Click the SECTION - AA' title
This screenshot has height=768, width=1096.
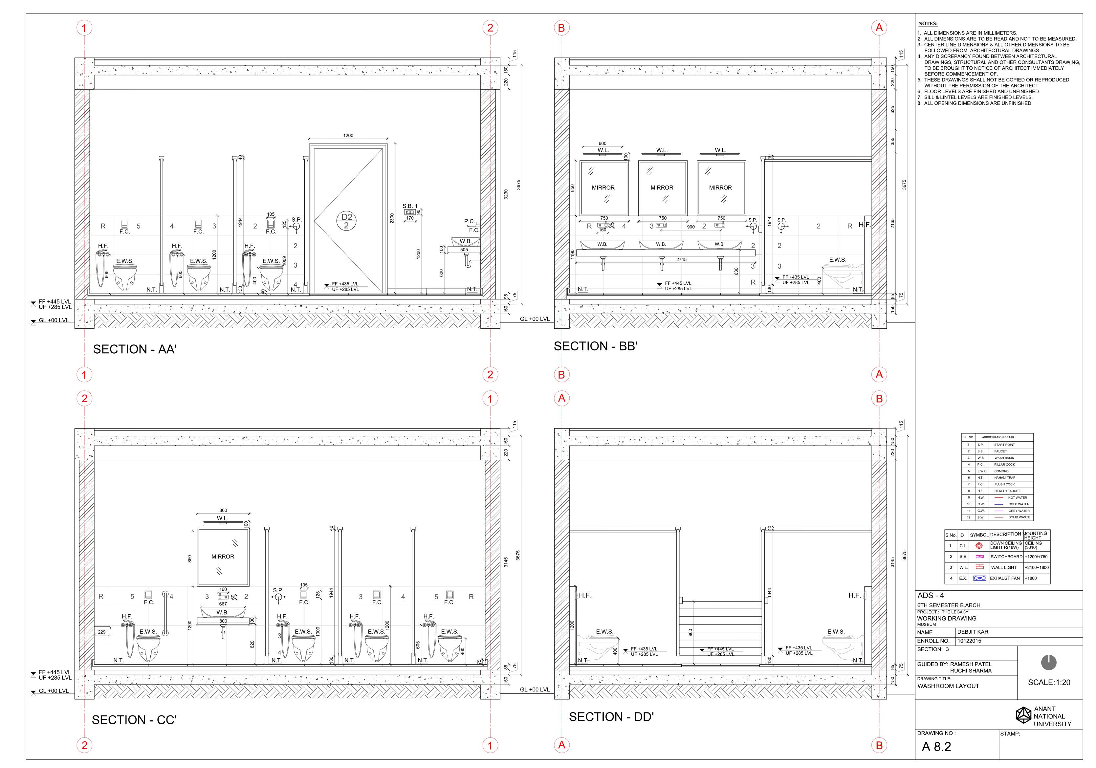pos(135,349)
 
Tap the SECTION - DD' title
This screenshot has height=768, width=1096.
pos(611,717)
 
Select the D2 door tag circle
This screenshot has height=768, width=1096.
pos(346,221)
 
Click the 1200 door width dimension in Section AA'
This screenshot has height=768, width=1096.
pos(348,136)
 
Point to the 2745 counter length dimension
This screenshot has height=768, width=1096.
pos(681,260)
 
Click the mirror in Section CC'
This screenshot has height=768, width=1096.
pos(223,557)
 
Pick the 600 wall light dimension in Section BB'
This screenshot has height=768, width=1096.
pos(603,143)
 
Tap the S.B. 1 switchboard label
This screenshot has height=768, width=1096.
pos(409,206)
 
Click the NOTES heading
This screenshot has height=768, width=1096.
pos(928,23)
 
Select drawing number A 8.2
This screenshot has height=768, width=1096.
pos(936,747)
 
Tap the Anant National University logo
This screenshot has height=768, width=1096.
pos(1023,715)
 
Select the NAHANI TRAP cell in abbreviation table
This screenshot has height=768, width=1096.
pos(1005,477)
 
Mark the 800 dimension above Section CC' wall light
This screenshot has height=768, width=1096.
pos(223,510)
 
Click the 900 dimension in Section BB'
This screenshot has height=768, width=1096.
pos(691,227)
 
